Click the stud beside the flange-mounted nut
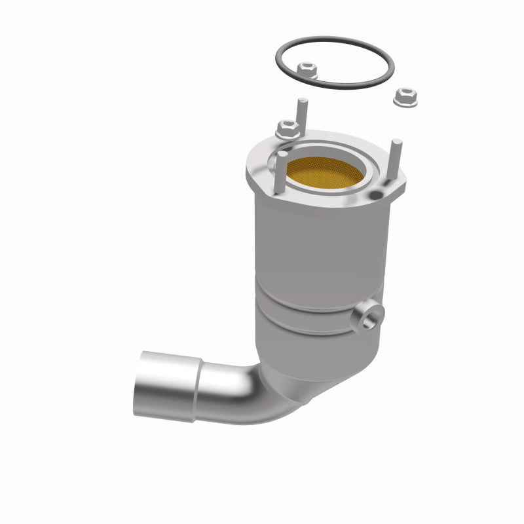(302, 113)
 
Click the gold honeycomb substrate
(327, 172)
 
